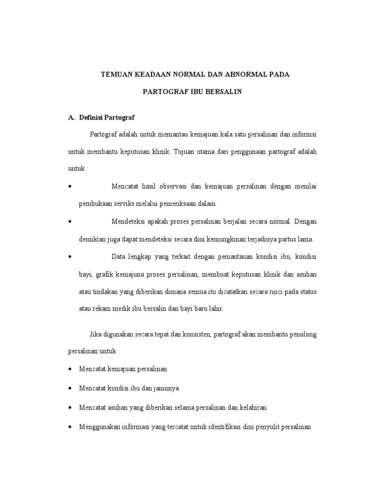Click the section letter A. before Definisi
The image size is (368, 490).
coord(72,117)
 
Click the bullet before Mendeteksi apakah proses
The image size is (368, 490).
coord(70,222)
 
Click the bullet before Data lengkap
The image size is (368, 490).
coord(70,257)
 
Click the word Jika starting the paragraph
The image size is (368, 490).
coord(95,334)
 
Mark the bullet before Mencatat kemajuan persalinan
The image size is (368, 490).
coord(70,369)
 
